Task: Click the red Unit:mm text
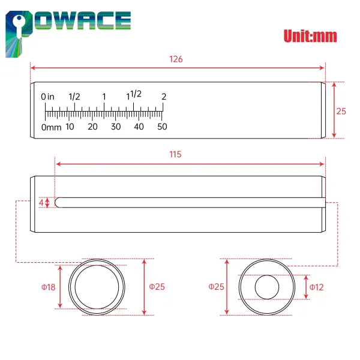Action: (x=310, y=36)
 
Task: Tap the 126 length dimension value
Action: (x=176, y=59)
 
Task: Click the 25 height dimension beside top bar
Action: (x=341, y=111)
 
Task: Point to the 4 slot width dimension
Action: (x=41, y=203)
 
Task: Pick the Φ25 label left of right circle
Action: (x=216, y=287)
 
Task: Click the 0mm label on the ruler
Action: (x=51, y=127)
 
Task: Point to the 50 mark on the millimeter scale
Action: (x=162, y=127)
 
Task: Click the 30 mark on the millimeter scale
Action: (x=116, y=127)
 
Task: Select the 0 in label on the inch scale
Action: (x=48, y=97)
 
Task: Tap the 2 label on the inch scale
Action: (x=163, y=96)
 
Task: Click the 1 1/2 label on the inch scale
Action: (x=134, y=95)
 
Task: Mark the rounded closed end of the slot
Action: (x=58, y=203)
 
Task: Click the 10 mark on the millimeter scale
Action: (x=70, y=127)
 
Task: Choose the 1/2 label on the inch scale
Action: (x=75, y=96)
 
